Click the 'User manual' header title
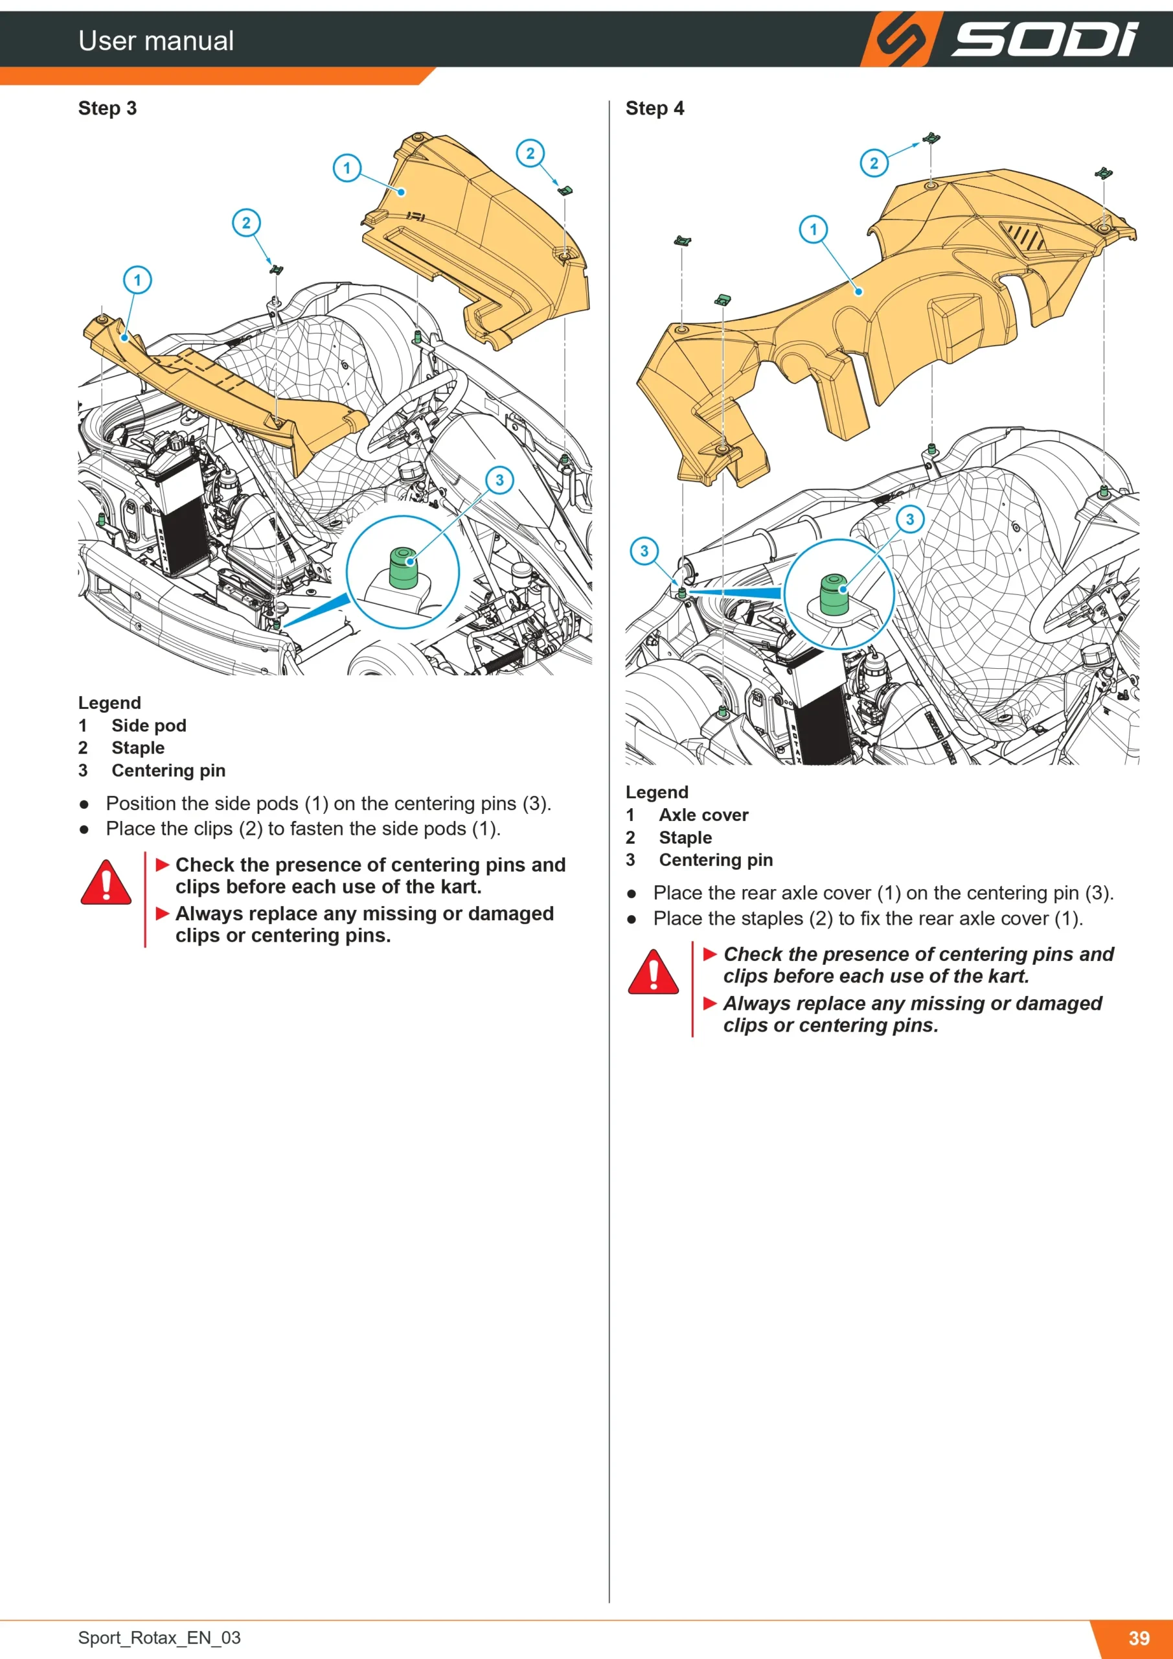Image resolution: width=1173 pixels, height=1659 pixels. pos(156,40)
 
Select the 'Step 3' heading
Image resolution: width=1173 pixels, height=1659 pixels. pos(107,108)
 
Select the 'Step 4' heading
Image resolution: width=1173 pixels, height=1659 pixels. pos(654,108)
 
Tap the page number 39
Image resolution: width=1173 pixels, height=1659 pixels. pos(1139,1638)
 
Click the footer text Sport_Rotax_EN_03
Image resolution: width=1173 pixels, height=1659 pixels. pos(159,1638)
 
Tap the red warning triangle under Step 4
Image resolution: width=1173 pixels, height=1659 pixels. pos(653,972)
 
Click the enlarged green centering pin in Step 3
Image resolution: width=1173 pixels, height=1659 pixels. pos(403,568)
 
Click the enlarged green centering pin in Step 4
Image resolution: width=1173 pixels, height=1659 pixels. pos(834,595)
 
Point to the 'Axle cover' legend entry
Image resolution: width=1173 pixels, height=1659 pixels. pos(703,815)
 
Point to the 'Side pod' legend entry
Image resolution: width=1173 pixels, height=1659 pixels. pos(149,725)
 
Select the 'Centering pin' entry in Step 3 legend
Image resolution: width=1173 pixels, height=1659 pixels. pos(168,771)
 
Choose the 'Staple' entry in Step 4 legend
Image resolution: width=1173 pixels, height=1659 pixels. pos(685,837)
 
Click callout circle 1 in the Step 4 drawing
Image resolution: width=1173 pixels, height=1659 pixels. pos(814,230)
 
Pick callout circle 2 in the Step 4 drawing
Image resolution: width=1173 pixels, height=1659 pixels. pos(874,163)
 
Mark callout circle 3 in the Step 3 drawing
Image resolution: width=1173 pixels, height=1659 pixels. pos(499,480)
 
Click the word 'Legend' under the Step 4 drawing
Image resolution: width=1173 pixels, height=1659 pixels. pos(657,793)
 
